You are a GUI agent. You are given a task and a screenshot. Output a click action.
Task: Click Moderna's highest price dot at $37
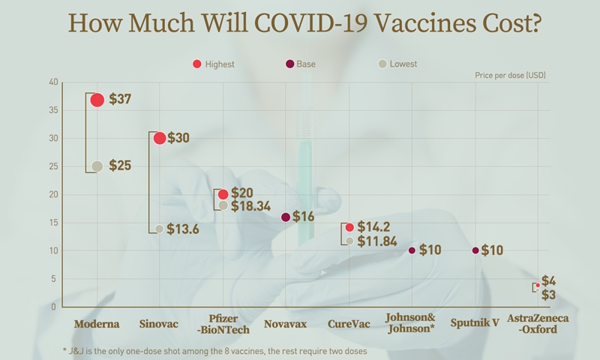[x=97, y=100]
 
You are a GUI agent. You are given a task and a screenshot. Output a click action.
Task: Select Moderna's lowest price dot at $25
[x=97, y=166]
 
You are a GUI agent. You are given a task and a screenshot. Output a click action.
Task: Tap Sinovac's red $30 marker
[x=159, y=138]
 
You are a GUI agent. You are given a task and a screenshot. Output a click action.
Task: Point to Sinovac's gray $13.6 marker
[x=159, y=229]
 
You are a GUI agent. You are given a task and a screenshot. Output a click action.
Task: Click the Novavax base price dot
[x=285, y=217]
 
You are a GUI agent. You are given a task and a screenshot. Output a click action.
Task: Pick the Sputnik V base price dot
[x=475, y=250]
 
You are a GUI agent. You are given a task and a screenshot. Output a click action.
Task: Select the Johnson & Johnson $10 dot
[x=412, y=250]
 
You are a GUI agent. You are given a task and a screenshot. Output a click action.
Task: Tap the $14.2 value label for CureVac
[x=373, y=226]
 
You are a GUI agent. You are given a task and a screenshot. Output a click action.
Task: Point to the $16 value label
[x=304, y=217]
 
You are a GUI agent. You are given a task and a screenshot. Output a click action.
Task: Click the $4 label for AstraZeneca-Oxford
[x=548, y=280]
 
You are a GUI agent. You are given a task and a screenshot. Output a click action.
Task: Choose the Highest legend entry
[x=214, y=64]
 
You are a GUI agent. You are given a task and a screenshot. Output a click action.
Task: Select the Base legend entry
[x=299, y=64]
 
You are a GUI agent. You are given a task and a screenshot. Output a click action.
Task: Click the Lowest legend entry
[x=398, y=64]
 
